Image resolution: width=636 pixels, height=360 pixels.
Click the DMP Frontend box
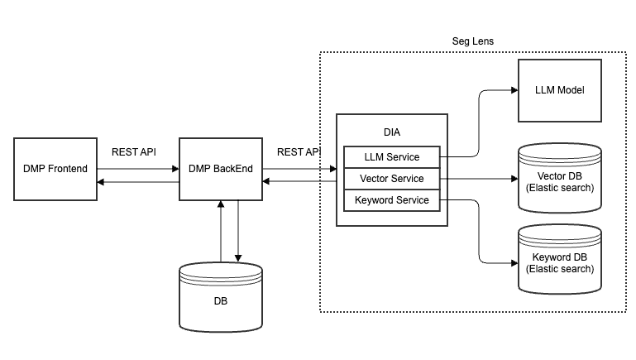55,169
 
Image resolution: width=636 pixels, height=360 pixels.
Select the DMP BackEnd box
221,169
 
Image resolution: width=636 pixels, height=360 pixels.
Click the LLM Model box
559,90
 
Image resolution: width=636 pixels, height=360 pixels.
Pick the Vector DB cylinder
559,178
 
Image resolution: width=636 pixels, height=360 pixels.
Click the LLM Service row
391,156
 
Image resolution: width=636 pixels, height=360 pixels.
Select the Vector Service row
391,178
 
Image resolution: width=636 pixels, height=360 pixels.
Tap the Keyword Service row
391,200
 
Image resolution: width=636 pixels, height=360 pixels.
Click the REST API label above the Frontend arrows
134,151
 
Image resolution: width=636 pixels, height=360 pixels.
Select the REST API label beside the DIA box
299,151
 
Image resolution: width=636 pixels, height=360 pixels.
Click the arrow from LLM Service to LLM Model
480,124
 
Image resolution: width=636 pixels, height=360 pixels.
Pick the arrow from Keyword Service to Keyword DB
480,232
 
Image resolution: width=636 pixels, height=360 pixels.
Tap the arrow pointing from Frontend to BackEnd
138,168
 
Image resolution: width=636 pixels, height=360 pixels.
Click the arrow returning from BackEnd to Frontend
138,182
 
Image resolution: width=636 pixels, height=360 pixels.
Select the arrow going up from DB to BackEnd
221,232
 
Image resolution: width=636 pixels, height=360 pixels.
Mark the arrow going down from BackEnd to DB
237,232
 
